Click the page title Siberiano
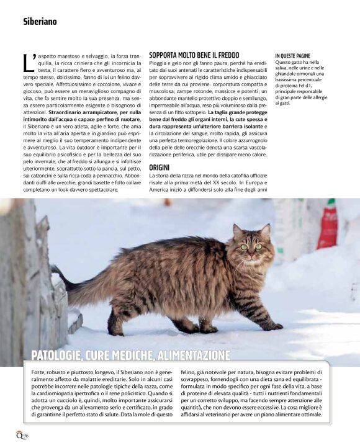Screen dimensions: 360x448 click(x=40, y=20)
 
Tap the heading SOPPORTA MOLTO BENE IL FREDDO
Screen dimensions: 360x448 click(x=194, y=55)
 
